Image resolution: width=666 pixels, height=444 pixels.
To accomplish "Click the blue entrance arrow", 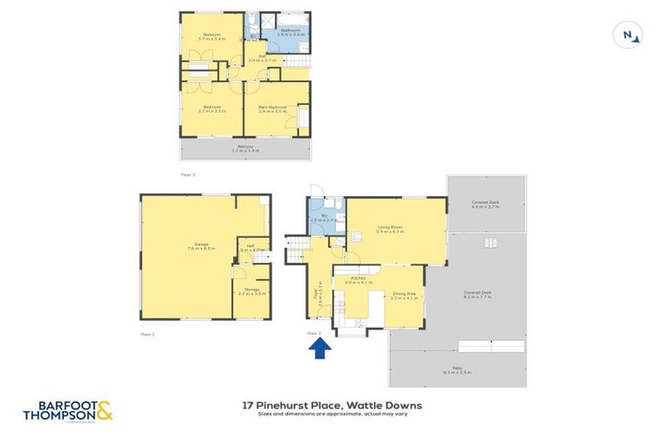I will click(319, 349).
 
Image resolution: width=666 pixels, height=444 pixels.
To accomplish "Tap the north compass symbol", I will click(628, 35).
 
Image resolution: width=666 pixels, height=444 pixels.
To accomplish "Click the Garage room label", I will click(204, 246).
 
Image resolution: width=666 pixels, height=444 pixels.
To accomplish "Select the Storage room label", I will click(251, 291).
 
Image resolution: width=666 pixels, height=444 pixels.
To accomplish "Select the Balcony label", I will click(245, 148).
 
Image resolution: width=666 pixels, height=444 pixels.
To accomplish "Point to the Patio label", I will click(457, 370).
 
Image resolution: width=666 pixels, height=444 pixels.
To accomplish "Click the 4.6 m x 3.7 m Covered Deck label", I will click(486, 204).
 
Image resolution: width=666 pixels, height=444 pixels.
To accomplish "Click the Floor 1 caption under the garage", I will click(147, 333).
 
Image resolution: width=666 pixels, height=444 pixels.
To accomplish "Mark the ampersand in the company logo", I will click(105, 409).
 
